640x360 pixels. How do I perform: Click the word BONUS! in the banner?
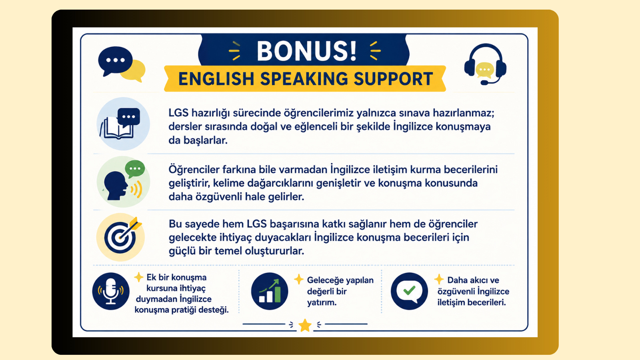click(306, 51)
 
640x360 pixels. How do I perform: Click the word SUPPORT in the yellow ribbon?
click(394, 79)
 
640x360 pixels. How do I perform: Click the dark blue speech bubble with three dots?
click(115, 61)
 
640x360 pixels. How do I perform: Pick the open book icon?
click(117, 128)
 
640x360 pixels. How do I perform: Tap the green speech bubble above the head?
click(134, 168)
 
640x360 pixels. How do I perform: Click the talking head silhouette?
click(116, 186)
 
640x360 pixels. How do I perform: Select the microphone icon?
click(110, 291)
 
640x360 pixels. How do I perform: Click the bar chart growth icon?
click(270, 291)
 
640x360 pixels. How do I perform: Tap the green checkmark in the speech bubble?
click(409, 290)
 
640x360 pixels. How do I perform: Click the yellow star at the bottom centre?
click(305, 325)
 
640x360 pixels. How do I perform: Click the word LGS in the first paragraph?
click(178, 113)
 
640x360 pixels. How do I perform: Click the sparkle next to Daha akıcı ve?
click(439, 279)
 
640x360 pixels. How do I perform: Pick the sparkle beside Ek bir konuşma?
click(138, 277)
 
